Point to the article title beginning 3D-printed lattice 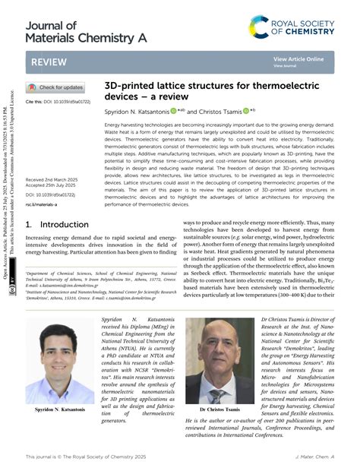(203, 93)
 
